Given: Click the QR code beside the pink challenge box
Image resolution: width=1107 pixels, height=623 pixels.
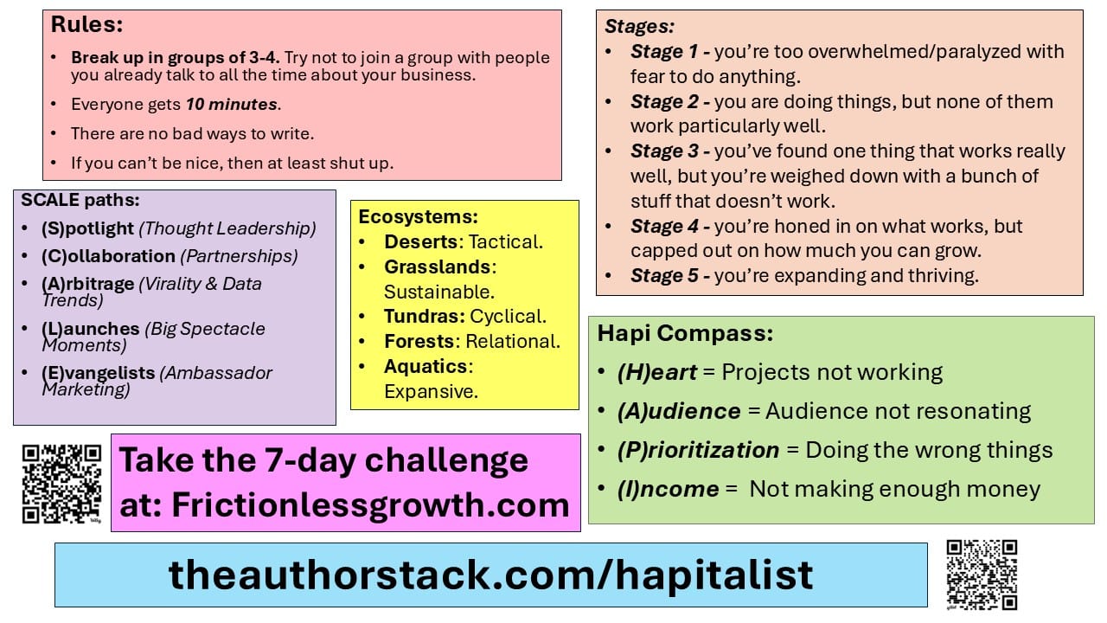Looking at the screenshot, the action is click(61, 484).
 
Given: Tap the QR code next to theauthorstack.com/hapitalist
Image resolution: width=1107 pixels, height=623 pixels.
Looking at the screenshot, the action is click(982, 575).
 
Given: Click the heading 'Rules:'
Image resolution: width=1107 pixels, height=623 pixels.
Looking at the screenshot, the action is click(87, 24).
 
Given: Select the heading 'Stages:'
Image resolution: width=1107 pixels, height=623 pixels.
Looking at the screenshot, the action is click(639, 26).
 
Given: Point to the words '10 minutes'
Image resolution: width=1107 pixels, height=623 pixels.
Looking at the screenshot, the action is click(231, 105).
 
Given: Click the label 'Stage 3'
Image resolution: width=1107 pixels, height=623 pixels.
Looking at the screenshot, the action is click(664, 151).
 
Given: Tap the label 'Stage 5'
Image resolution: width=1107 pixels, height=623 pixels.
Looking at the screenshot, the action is click(664, 276).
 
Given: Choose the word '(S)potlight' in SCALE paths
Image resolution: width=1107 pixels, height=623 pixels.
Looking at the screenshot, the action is click(87, 228).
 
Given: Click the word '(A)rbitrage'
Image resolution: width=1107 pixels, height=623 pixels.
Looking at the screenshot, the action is click(88, 284).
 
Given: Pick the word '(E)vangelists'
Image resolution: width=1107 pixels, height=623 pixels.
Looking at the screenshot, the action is click(99, 373).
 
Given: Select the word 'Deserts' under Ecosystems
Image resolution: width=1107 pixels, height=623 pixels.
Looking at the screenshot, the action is click(421, 241).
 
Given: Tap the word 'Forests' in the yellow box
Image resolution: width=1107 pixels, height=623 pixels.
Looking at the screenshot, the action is click(419, 342).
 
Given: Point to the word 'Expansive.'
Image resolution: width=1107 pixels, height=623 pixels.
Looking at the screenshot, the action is click(432, 392).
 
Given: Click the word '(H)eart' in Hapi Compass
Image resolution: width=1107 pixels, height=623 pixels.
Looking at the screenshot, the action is click(656, 372).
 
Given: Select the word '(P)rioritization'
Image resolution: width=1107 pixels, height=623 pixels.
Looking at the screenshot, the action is click(698, 451).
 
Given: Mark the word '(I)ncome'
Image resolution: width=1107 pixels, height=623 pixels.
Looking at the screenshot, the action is click(669, 490).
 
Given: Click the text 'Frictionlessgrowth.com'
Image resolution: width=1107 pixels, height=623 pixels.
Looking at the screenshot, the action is click(371, 505).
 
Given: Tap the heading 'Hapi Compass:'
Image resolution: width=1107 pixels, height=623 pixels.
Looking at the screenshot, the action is click(685, 333).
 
